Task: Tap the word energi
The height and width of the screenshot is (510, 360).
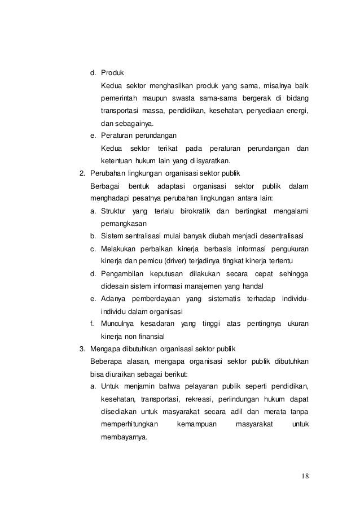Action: (296, 111)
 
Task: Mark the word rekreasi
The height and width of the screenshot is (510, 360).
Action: (206, 399)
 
